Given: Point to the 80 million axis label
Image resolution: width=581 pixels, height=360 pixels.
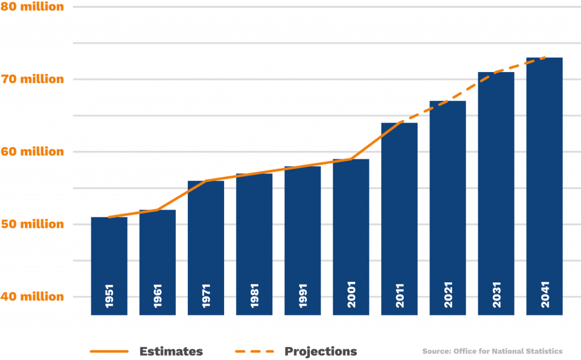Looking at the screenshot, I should click(x=32, y=7).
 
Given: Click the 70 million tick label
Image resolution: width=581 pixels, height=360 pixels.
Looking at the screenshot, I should click(x=32, y=80).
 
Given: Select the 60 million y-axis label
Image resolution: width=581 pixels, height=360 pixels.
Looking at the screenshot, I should click(x=32, y=152).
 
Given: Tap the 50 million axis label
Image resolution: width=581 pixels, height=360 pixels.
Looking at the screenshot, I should click(x=32, y=225).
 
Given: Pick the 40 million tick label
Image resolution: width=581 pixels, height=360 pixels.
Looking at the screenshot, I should click(x=32, y=297).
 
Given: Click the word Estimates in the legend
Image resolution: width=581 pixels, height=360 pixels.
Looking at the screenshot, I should click(x=171, y=351).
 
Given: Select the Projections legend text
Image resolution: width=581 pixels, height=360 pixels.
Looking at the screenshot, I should click(x=321, y=351).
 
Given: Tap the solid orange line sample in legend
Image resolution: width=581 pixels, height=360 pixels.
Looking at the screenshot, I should click(x=109, y=351).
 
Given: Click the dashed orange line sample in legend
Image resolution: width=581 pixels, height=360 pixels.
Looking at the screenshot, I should click(x=254, y=351).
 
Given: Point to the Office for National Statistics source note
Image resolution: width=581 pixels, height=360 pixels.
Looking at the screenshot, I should click(x=492, y=351).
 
